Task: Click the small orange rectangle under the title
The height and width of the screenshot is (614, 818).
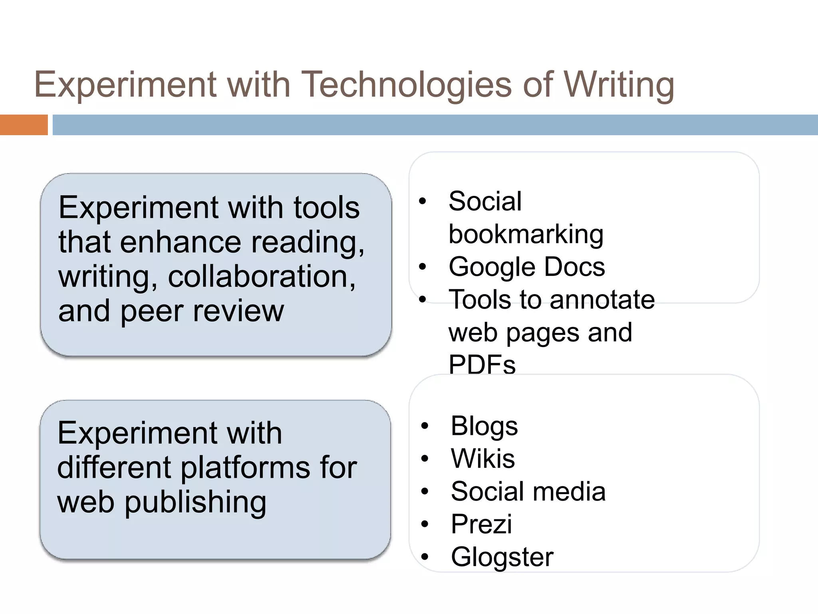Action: coord(24,125)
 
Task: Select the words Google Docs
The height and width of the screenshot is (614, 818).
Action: coord(526,267)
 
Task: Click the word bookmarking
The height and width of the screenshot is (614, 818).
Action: coord(526,234)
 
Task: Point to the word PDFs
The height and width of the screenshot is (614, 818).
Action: coord(482,365)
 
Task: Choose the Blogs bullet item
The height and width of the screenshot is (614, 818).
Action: coord(484,426)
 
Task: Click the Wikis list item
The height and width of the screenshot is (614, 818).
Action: coord(482,459)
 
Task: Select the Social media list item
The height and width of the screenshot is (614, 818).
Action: coord(528,491)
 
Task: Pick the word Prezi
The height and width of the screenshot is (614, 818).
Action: coord(481,524)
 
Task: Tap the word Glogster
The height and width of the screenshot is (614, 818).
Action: coord(502,557)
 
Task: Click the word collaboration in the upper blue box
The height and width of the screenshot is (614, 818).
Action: coord(262,277)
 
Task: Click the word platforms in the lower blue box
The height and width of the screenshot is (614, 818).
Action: coord(245,468)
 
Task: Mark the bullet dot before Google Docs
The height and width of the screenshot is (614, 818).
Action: coord(423,267)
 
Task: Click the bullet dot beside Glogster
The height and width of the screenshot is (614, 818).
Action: coord(425,557)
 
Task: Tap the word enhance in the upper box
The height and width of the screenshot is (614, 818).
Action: coord(181,242)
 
